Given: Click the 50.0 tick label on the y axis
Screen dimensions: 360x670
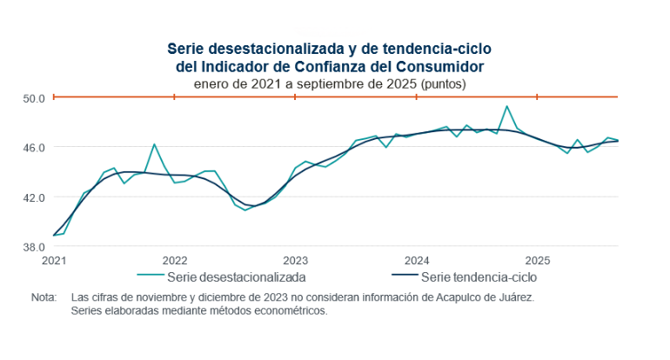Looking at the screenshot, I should click(33, 97).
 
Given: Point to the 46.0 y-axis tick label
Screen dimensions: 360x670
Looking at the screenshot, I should click(33, 147).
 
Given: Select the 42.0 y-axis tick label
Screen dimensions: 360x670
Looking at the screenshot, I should click(33, 197).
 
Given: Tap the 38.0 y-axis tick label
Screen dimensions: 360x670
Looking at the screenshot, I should click(33, 246).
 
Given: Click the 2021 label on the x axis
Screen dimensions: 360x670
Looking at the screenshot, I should click(54, 260).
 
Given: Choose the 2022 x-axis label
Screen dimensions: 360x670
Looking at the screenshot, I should click(175, 260).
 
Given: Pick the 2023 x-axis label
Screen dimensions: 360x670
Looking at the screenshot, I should click(296, 260).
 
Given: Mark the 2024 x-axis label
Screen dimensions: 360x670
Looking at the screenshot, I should click(417, 260).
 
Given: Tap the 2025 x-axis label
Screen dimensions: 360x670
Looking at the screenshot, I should click(538, 260).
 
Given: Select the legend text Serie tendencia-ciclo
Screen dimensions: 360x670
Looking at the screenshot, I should click(479, 278).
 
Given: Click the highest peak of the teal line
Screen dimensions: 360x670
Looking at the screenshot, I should click(506, 106).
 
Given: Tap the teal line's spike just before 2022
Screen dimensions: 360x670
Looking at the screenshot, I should click(154, 144).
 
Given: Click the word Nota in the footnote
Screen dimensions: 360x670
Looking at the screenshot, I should click(44, 297).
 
